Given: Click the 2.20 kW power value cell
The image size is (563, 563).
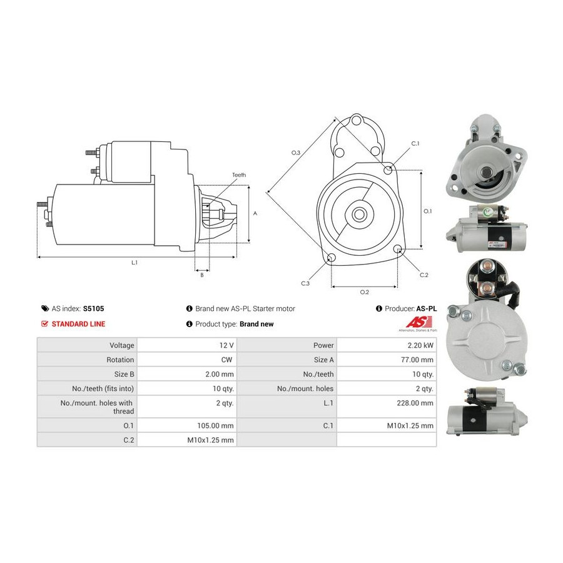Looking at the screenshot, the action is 420,345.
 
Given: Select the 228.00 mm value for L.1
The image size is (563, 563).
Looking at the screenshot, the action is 415,403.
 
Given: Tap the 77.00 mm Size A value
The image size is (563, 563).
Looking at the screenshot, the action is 417,360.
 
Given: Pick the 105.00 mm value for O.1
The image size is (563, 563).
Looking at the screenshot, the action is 215,426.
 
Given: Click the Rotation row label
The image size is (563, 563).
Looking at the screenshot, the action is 120,360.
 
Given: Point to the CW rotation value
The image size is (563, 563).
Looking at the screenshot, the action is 227,360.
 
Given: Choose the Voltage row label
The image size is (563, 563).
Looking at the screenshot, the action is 122,345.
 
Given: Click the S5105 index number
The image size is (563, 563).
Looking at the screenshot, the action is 93,308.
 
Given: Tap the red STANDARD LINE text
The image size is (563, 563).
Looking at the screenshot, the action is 78,324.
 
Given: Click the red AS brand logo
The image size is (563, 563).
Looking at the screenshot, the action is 418,322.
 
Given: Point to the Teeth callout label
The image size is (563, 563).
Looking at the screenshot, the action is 239,175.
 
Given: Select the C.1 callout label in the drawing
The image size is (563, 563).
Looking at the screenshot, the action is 415,144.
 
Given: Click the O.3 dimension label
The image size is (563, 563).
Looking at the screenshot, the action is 295,153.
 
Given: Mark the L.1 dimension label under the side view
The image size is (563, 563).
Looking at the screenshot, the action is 134,263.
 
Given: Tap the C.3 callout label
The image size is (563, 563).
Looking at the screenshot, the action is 305,283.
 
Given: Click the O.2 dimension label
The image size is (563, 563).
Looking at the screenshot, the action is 365,292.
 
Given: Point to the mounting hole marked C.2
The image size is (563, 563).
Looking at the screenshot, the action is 397,249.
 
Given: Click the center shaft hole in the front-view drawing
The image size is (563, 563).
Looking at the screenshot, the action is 358,215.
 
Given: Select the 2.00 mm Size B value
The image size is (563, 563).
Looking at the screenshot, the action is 220,374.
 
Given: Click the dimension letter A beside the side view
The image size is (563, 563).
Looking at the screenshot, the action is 255,214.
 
